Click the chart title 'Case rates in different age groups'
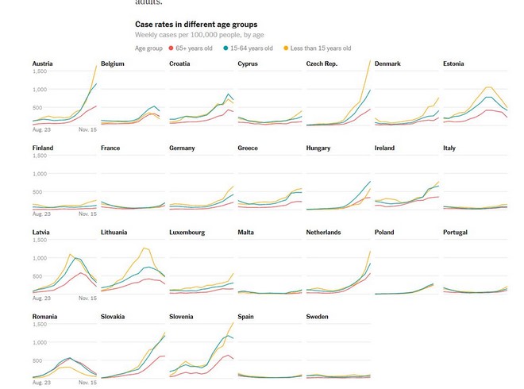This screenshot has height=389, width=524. coord(196,25)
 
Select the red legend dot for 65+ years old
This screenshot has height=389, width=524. coord(169,48)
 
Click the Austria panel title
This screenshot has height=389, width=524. coord(43,64)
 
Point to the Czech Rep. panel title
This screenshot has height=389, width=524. coord(322,64)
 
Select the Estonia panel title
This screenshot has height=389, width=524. coord(453,64)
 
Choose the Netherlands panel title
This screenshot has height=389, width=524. coord(323,233)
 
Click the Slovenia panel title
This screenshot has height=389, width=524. coord(183,317)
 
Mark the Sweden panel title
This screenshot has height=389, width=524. coord(318,317)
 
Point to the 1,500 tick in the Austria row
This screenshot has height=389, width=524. coord(40,71)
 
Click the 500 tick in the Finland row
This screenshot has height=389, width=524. coord(37,191)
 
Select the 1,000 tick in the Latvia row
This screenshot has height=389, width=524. coord(40,258)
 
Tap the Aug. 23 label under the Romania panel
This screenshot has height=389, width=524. coord(42,383)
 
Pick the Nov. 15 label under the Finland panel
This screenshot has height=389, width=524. coord(88,214)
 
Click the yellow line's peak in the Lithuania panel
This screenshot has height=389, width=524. coord(144,248)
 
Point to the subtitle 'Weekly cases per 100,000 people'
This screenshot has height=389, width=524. coord(199,35)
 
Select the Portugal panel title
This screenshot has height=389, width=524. coord(456,233)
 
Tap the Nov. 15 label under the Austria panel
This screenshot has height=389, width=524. coord(88,129)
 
